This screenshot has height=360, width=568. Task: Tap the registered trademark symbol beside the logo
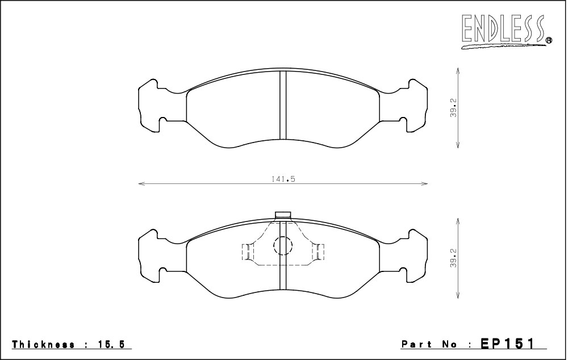[x=549, y=40]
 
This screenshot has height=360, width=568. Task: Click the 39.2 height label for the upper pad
[x=453, y=107]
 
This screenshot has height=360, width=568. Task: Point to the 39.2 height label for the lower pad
[x=453, y=258]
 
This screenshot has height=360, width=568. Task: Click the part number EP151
[x=507, y=344]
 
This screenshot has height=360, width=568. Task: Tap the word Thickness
[x=44, y=344]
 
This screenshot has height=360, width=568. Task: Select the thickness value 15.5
[x=111, y=344]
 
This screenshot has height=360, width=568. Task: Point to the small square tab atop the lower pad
[x=283, y=215]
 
